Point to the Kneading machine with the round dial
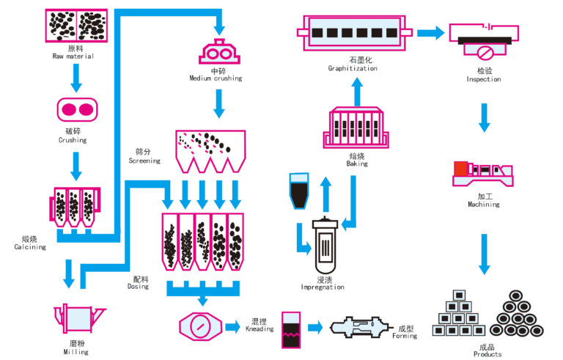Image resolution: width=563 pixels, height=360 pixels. [199, 326]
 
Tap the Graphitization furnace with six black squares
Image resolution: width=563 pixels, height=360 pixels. [355, 33]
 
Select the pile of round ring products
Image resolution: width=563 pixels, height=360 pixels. [518, 314]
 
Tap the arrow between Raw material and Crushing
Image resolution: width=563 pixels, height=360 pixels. [77, 75]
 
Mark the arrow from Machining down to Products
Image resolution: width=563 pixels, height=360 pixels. [483, 253]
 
